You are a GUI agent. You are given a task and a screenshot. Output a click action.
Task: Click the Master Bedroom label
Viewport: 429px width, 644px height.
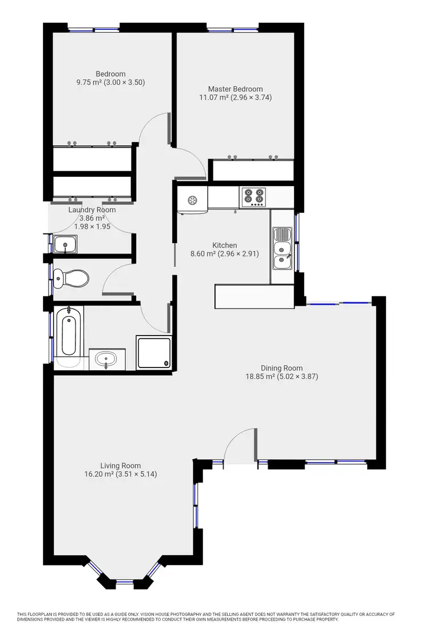click(235, 89)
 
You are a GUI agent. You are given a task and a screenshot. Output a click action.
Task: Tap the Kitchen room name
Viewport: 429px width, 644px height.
click(224, 245)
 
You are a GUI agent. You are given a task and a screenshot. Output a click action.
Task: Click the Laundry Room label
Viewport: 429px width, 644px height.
click(92, 210)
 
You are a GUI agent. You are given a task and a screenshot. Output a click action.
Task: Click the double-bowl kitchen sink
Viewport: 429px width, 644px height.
click(282, 250)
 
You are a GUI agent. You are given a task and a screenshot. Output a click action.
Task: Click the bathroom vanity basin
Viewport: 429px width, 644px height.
click(106, 360)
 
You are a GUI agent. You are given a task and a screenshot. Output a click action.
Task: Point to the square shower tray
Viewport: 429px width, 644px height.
click(153, 352)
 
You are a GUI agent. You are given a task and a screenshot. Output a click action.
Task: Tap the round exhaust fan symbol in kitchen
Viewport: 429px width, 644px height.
click(192, 200)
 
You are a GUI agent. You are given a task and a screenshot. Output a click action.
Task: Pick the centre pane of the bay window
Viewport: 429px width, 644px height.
click(125, 582)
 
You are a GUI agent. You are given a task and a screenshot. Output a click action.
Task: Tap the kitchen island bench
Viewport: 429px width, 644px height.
click(255, 297)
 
